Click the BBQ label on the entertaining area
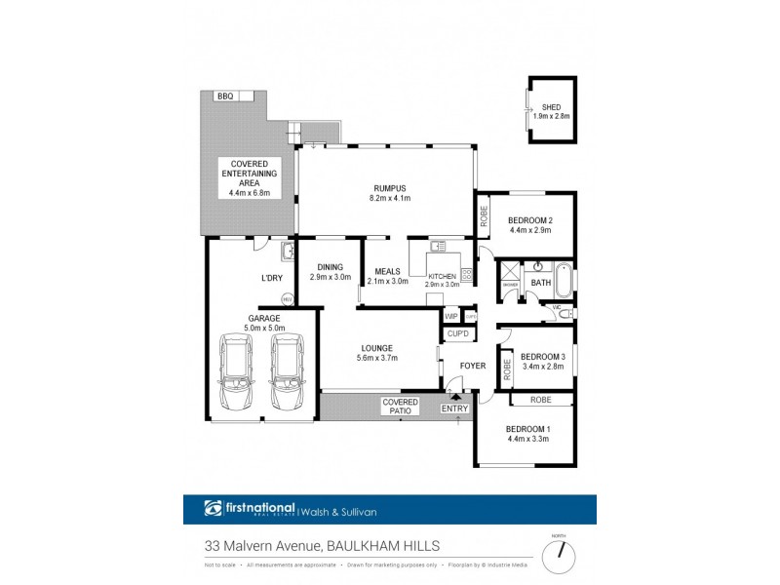[225, 96]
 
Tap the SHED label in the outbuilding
[551, 107]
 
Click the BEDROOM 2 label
[530, 219]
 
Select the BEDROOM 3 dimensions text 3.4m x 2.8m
[535, 369]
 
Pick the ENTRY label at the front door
[454, 408]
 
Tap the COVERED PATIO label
[400, 407]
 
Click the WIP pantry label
[450, 317]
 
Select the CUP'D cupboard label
[458, 334]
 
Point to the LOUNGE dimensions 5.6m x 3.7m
[375, 358]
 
